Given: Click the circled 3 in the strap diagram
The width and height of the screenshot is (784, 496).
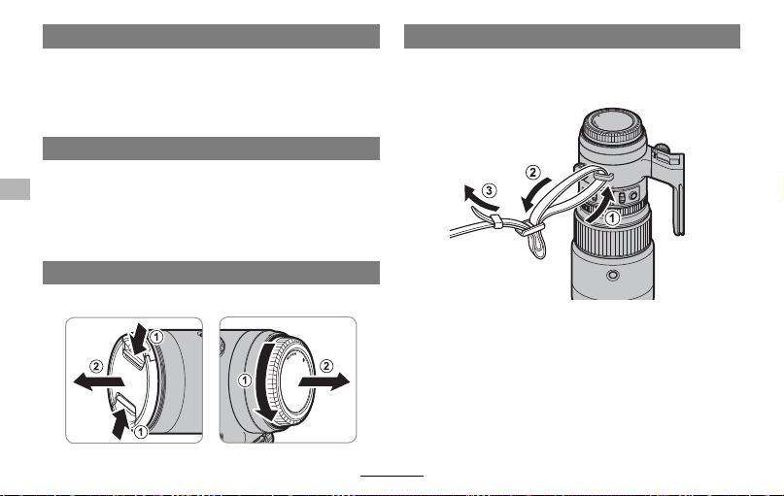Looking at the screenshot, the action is click(489, 190).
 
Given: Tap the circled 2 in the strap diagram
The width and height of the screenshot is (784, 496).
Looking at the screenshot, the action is click(533, 173).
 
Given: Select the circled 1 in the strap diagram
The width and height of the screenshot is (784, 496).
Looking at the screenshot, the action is click(611, 218).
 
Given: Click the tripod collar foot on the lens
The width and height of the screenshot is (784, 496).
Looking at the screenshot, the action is click(669, 189).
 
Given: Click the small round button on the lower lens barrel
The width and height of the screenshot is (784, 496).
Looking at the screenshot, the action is click(612, 275).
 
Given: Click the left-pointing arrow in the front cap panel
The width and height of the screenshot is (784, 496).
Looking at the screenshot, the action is click(98, 382).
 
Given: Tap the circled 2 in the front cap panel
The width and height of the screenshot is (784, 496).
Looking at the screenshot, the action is click(96, 367).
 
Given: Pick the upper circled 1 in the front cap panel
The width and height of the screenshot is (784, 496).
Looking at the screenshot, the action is click(156, 337).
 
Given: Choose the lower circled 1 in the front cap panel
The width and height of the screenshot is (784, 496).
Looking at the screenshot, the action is click(141, 432).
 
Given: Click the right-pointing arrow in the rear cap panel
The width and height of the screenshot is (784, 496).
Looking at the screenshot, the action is click(324, 381).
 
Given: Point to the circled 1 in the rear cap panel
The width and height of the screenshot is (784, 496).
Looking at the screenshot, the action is click(245, 380).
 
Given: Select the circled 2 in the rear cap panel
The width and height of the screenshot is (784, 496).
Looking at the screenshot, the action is click(326, 366).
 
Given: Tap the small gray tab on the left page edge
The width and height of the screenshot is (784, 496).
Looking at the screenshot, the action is click(15, 189).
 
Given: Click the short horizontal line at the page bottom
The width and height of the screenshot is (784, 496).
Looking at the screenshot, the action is click(392, 476).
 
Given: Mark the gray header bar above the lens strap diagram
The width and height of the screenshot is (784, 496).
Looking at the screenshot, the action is click(572, 37).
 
